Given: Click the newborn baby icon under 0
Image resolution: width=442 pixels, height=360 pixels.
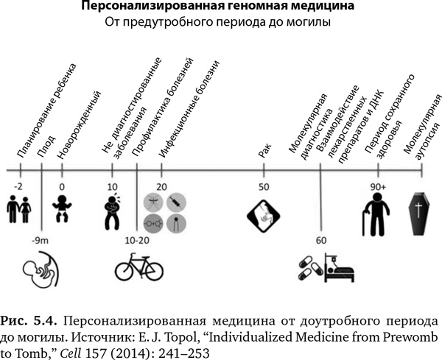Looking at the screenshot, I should coord(63,209).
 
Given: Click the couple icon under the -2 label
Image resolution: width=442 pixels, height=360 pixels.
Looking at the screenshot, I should coord(19,209).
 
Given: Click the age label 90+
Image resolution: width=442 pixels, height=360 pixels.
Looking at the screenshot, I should coord(379,188).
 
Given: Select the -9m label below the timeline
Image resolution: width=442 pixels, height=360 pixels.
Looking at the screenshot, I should coord(41,241).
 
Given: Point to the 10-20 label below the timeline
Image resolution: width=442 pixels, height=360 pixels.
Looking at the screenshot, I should coord(138,241).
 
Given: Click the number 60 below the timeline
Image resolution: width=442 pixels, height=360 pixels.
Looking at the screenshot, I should coord(320,241).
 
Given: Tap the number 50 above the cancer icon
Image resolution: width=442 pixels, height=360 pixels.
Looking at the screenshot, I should coord(264,188).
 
